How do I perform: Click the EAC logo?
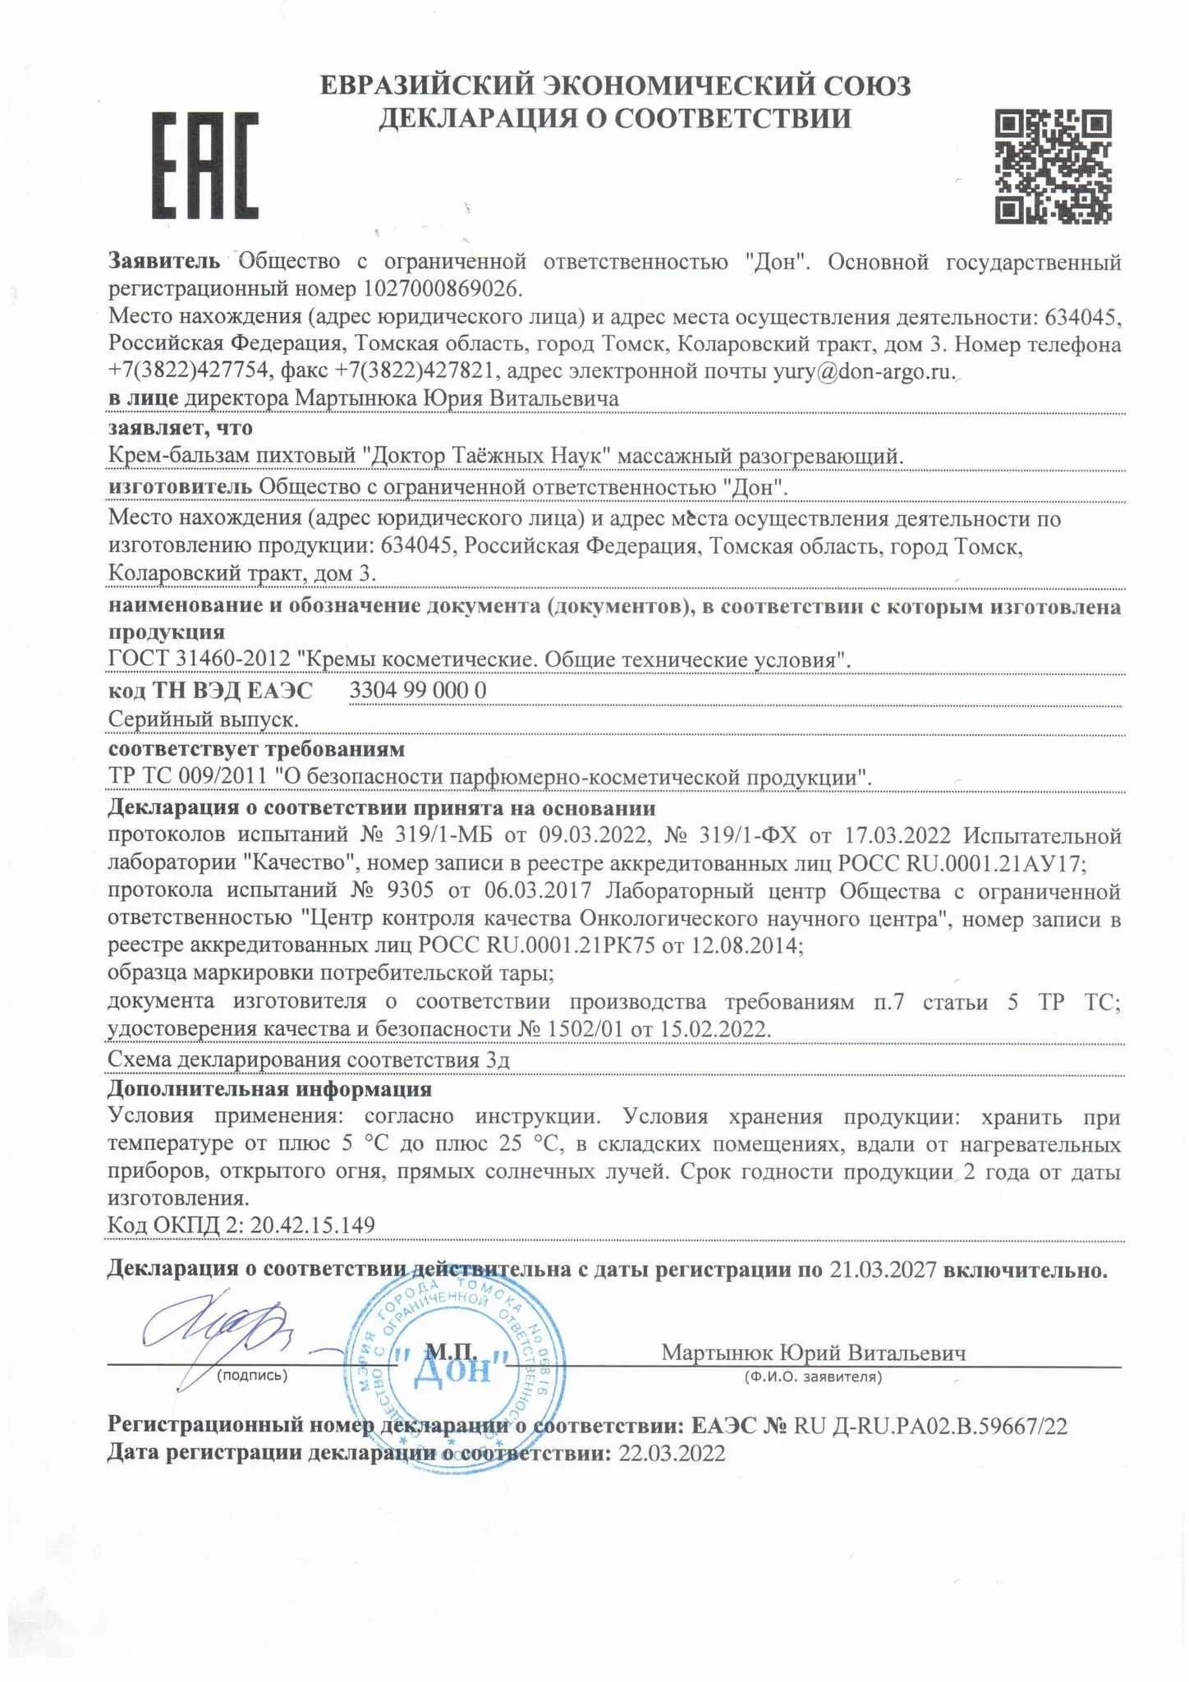pos(205,165)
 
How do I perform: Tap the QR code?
pos(1054,167)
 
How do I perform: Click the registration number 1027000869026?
pos(442,289)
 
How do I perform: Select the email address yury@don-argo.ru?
pos(863,371)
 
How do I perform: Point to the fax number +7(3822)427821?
pos(412,371)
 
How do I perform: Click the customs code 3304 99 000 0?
pos(418,691)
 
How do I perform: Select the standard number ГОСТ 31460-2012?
pos(200,659)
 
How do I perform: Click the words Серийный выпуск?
pos(203,719)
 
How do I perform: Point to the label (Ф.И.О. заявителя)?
pos(812,1376)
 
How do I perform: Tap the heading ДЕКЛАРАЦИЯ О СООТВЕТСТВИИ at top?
pos(614,119)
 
